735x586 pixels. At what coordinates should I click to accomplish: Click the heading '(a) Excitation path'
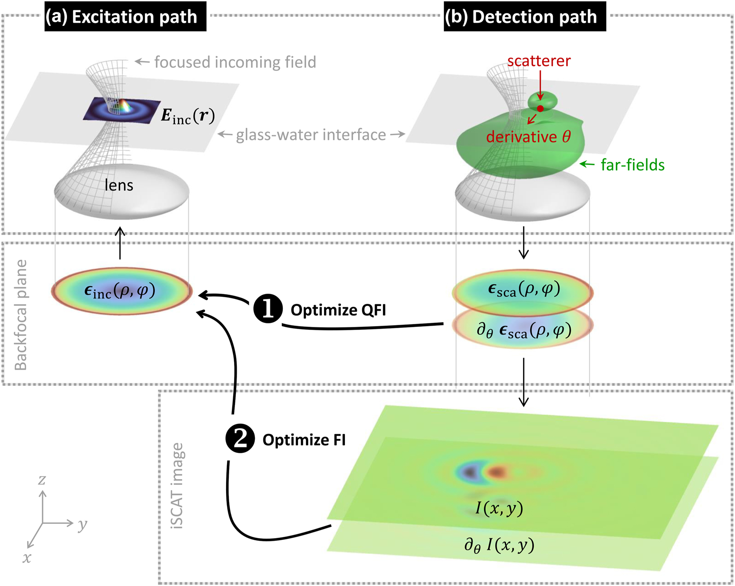pyautogui.click(x=125, y=17)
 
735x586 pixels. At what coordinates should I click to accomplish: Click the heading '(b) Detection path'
pyautogui.click(x=524, y=17)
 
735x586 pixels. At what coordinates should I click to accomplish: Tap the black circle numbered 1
pyautogui.click(x=268, y=308)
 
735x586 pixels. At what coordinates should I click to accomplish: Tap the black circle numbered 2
pyautogui.click(x=240, y=438)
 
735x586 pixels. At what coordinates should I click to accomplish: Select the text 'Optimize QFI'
pyautogui.click(x=338, y=310)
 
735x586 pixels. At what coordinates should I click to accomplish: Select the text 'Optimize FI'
pyautogui.click(x=304, y=440)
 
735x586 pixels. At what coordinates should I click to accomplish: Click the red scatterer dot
pyautogui.click(x=540, y=108)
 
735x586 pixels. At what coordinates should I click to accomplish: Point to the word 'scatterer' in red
pyautogui.click(x=539, y=61)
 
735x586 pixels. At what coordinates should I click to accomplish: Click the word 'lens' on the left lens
pyautogui.click(x=119, y=185)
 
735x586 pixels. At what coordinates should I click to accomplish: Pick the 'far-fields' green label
pyautogui.click(x=633, y=165)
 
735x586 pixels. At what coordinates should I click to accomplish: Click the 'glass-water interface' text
pyautogui.click(x=311, y=134)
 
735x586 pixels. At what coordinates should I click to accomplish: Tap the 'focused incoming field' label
pyautogui.click(x=235, y=62)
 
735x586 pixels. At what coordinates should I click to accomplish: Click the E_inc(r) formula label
pyautogui.click(x=188, y=116)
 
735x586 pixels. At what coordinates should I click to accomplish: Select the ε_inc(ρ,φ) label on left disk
pyautogui.click(x=120, y=291)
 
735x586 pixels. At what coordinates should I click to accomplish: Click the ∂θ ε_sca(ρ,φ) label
pyautogui.click(x=524, y=330)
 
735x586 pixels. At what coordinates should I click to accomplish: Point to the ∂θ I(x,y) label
pyautogui.click(x=499, y=545)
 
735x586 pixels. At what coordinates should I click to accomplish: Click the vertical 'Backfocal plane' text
pyautogui.click(x=21, y=315)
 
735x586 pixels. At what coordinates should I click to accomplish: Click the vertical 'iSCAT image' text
pyautogui.click(x=177, y=485)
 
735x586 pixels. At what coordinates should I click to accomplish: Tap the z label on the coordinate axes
pyautogui.click(x=42, y=480)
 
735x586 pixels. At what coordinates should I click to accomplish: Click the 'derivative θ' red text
pyautogui.click(x=528, y=137)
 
